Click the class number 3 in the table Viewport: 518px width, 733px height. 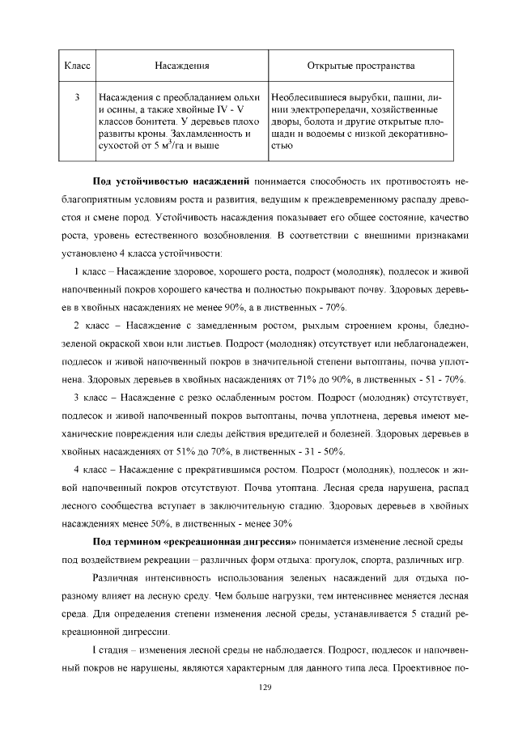tap(75, 97)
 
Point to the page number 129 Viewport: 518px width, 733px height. tap(258, 687)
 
